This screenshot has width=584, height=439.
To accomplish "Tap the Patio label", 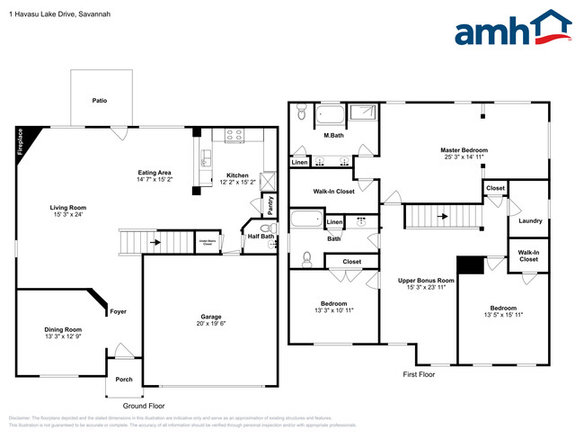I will tap(99, 100).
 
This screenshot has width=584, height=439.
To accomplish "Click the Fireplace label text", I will tap(20, 143).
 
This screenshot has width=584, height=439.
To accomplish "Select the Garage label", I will tap(211, 317).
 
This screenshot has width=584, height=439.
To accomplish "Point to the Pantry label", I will tap(270, 205).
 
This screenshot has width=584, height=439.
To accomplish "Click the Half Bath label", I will tap(261, 237).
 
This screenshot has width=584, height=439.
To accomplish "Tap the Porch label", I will tap(124, 379).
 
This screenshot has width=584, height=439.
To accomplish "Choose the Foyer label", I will tap(119, 311).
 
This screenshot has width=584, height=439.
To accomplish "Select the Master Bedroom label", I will tap(464, 149).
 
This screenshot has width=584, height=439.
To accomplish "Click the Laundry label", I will tap(530, 219).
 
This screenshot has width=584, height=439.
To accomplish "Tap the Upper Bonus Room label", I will tap(427, 281).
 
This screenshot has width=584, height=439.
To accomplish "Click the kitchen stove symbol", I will tap(234, 136).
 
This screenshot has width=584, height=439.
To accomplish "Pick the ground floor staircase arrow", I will tap(155, 242).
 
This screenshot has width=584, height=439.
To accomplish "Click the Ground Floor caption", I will tap(144, 407).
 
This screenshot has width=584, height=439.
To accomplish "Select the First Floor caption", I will tap(418, 373).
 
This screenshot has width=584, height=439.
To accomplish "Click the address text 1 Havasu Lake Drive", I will tap(40, 13).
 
